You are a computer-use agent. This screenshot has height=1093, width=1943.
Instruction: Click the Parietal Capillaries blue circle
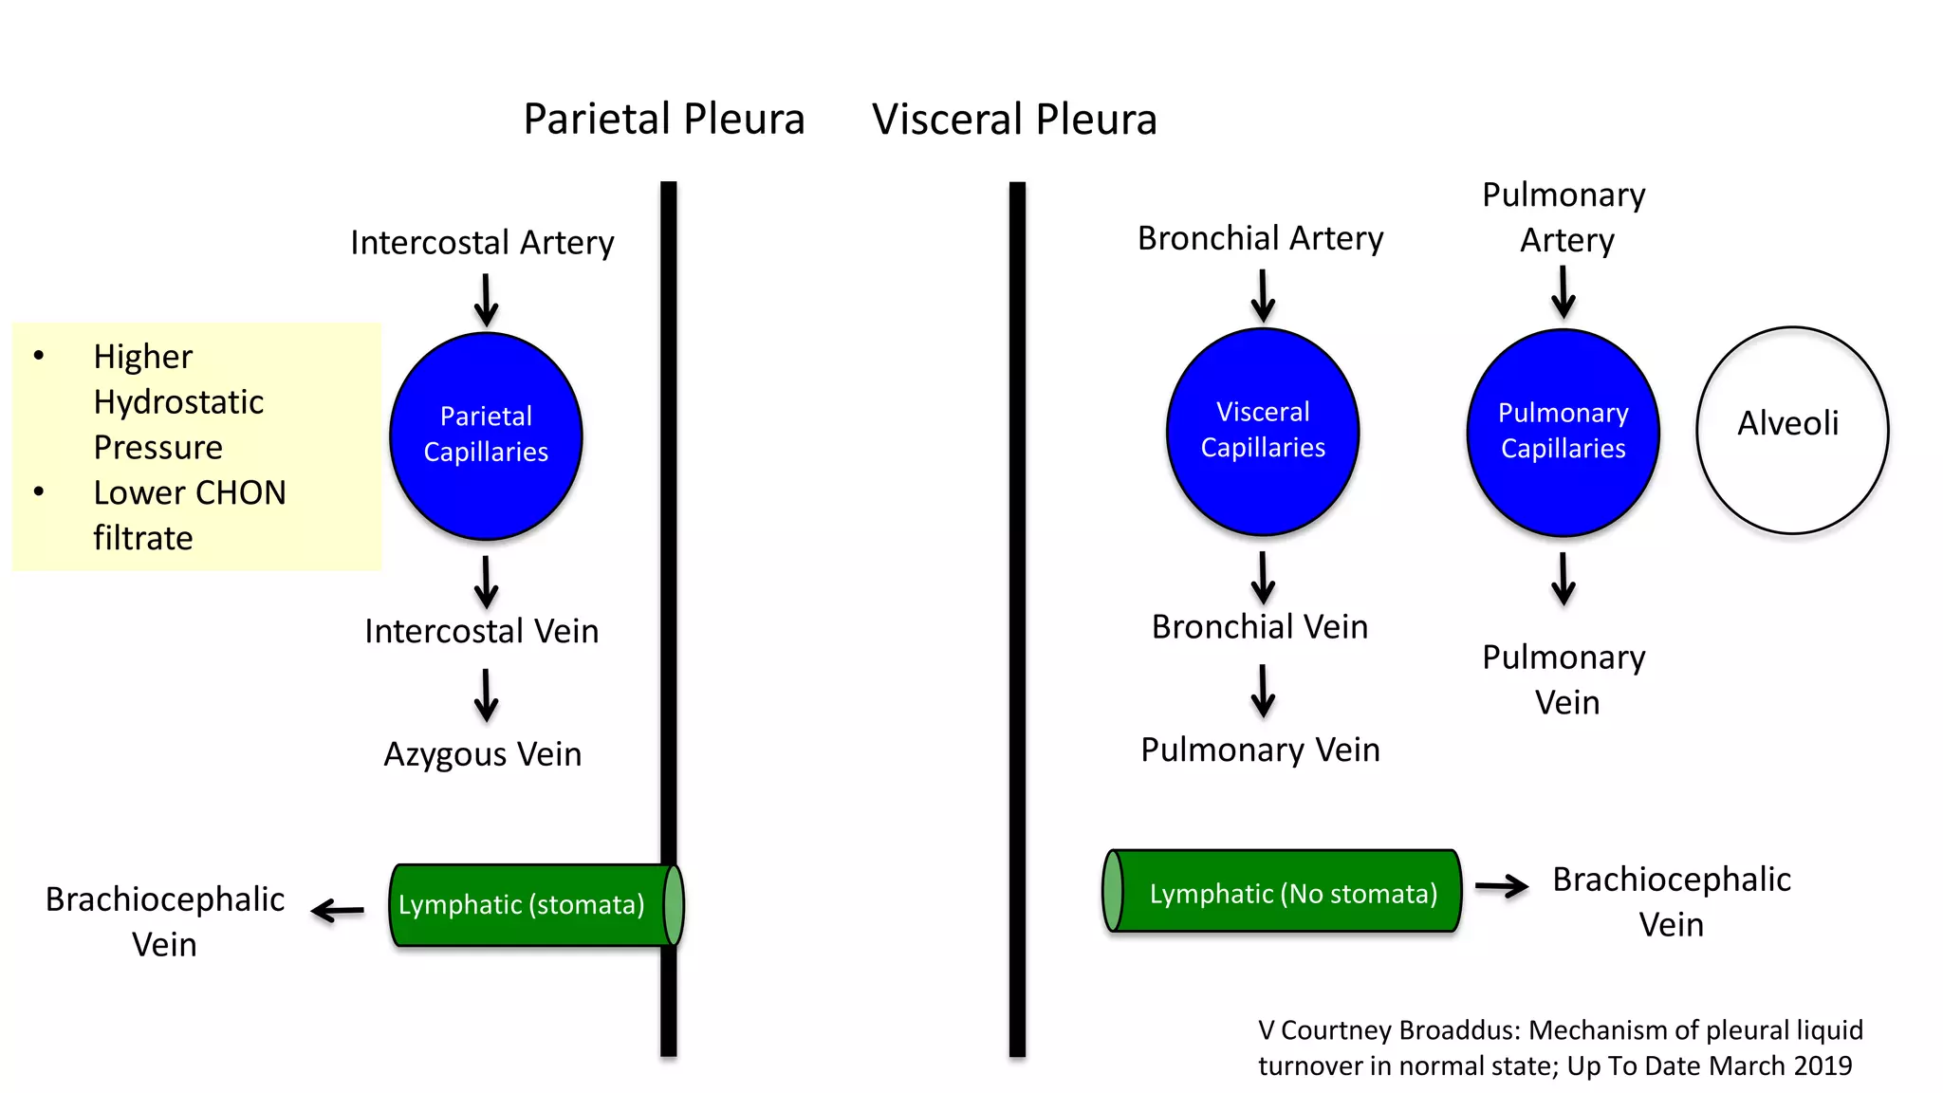[x=486, y=435]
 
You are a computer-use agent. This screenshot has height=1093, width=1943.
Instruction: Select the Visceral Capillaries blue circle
[x=1263, y=432]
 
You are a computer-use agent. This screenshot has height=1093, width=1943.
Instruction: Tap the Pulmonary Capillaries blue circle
[x=1563, y=433]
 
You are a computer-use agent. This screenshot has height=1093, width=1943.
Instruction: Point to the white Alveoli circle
[x=1791, y=430]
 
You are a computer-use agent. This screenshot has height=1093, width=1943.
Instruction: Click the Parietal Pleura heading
[x=663, y=120]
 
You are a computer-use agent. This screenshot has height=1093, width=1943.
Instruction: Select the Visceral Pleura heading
[x=1014, y=120]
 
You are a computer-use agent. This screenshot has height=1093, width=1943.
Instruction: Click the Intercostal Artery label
[x=482, y=243]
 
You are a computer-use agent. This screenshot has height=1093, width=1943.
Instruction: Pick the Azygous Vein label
[x=482, y=754]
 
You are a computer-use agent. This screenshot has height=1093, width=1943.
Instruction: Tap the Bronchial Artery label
[x=1260, y=238]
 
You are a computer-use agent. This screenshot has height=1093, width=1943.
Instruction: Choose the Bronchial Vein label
[x=1260, y=627]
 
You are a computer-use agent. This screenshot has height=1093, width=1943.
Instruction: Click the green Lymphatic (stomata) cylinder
[x=531, y=905]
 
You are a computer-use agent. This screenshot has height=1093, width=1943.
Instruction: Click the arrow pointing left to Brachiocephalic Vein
[x=338, y=911]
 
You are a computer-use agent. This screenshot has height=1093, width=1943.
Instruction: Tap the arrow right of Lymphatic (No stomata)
[x=1502, y=887]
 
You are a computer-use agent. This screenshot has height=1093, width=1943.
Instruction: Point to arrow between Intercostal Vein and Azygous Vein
[x=486, y=695]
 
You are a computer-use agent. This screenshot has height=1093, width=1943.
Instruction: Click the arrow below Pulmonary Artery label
[x=1564, y=292]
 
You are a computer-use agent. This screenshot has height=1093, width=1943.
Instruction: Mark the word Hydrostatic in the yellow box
[x=178, y=402]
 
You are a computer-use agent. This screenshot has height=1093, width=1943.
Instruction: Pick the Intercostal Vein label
[x=482, y=632]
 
